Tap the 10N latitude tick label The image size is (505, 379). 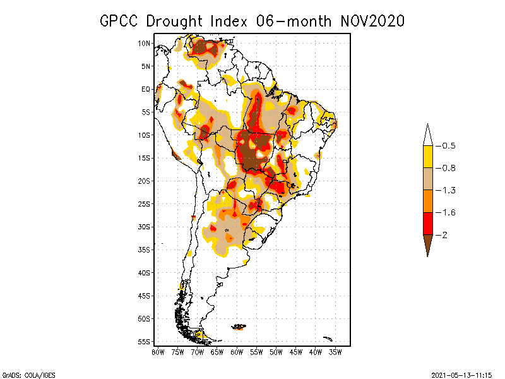145,43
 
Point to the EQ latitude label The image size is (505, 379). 146,89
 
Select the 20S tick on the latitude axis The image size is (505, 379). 145,181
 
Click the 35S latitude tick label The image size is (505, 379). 145,250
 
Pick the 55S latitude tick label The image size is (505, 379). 145,342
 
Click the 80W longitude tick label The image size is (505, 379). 158,351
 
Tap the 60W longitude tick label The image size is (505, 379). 237,351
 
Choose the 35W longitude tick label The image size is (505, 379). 335,351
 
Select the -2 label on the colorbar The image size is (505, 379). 444,234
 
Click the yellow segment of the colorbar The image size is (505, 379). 427,157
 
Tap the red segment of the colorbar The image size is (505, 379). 427,223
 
